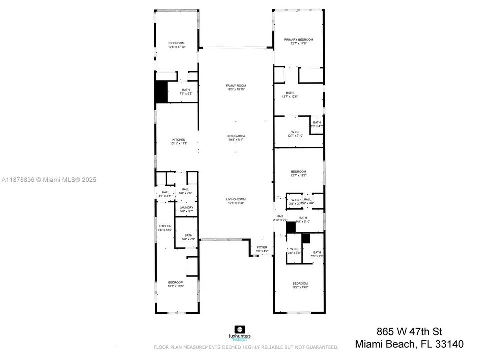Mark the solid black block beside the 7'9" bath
pos(161,92)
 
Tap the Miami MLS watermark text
pos(49,180)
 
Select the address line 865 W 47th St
pos(409,332)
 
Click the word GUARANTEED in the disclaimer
pos(319,347)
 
